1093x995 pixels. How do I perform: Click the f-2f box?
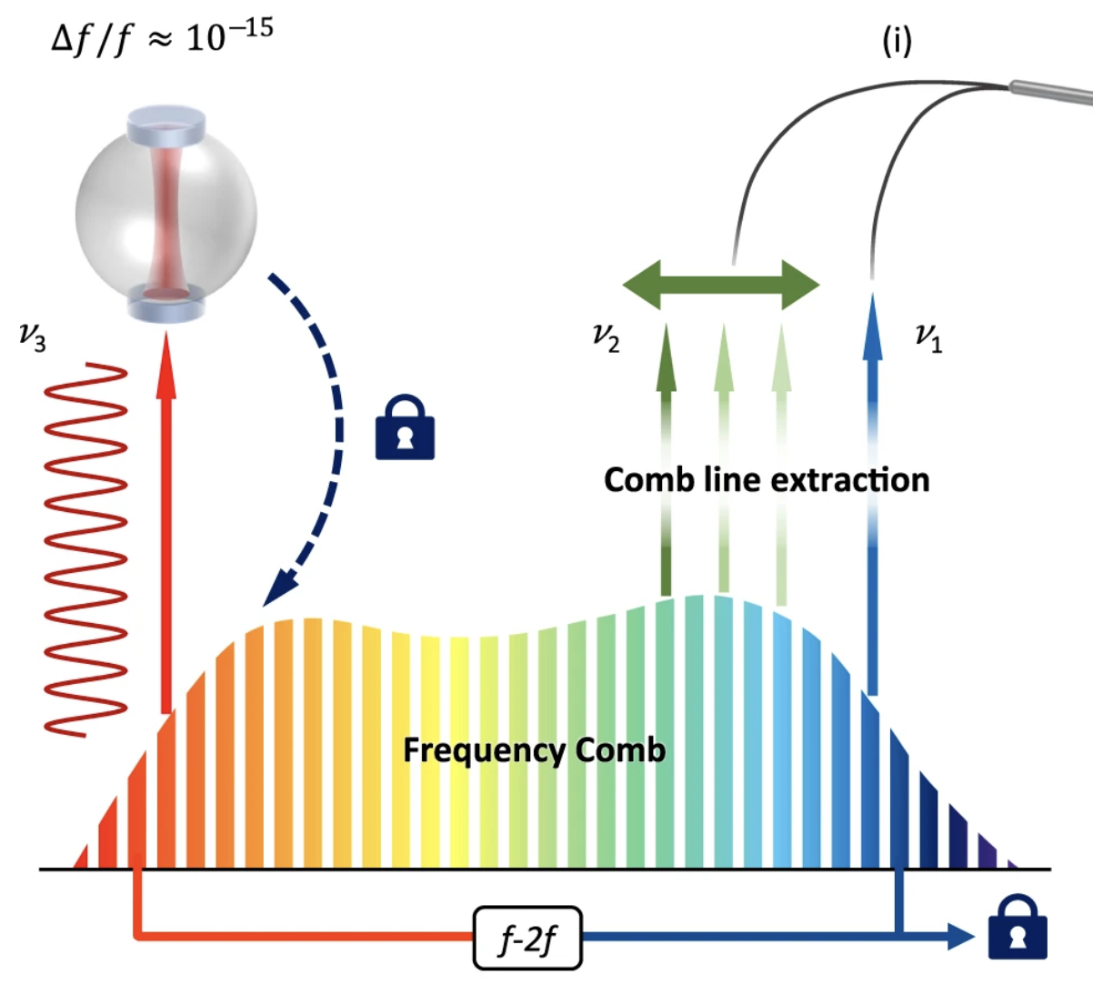tap(527, 938)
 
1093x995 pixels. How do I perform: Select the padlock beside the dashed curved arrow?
tap(405, 427)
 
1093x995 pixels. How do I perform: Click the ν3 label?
tap(32, 338)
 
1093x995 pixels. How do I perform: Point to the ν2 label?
tap(606, 338)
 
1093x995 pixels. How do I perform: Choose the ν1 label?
tap(928, 338)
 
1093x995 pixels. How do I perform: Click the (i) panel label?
tap(897, 41)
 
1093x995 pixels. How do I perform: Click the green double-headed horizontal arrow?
tap(721, 285)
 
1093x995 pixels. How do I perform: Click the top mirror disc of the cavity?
tap(166, 122)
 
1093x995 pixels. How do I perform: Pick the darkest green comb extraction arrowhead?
tap(666, 346)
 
